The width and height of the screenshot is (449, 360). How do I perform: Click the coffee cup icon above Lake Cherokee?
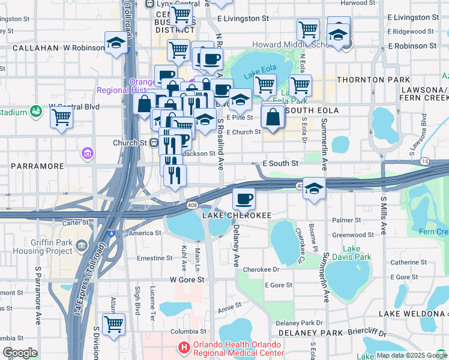(x=243, y=198)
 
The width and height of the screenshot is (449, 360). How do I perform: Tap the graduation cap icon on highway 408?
(x=314, y=189)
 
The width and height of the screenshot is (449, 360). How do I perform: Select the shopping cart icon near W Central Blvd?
(x=61, y=118)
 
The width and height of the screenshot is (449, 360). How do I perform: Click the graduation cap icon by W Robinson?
(x=116, y=43)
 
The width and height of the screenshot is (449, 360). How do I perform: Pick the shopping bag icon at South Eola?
(x=273, y=118)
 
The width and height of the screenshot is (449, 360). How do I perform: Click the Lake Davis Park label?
(x=357, y=253)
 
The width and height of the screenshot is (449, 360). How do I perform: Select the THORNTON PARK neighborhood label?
(x=373, y=80)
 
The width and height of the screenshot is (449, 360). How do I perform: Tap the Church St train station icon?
(x=154, y=143)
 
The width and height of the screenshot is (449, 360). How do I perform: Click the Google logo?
(x=20, y=352)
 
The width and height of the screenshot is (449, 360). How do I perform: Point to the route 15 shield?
(x=425, y=161)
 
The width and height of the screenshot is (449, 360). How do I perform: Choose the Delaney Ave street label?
(x=236, y=244)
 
